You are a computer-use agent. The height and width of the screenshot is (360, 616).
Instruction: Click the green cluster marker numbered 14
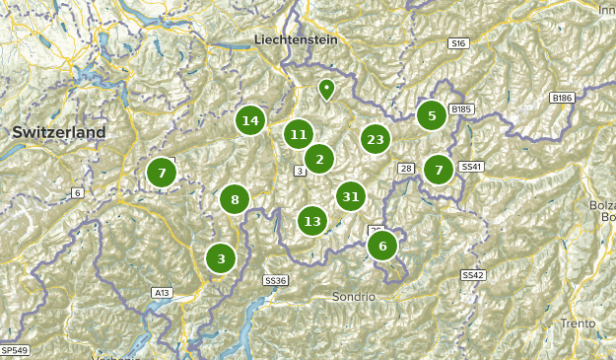[x=250, y=120]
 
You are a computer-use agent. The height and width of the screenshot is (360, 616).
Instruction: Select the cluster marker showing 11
[x=299, y=134]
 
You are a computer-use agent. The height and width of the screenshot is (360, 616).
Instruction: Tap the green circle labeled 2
[x=318, y=158]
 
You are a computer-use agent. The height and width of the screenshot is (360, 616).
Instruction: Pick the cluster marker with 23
[x=375, y=139]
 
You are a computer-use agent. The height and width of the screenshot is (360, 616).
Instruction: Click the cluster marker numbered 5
[x=431, y=115]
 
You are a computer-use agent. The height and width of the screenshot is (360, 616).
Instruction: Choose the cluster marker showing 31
[x=350, y=196]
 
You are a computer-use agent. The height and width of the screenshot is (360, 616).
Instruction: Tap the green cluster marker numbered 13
[x=312, y=221]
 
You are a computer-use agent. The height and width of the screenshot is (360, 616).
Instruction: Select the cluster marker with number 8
[x=235, y=200]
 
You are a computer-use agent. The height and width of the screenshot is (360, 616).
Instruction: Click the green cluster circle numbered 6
[x=382, y=246]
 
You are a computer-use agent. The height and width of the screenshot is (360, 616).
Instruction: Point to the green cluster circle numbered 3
[x=221, y=258]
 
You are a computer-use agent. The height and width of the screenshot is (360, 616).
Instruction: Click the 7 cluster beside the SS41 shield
[x=439, y=171]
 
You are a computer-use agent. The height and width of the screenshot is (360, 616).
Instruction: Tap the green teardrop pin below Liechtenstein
[x=326, y=90]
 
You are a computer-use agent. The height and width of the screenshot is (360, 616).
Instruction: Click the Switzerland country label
[x=59, y=132]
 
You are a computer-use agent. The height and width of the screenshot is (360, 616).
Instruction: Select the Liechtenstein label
[x=296, y=39]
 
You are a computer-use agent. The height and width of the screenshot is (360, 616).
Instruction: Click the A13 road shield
[x=162, y=293]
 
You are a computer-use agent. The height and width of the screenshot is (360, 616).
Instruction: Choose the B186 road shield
[x=562, y=98]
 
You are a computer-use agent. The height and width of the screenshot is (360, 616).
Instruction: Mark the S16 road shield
[x=456, y=43]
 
